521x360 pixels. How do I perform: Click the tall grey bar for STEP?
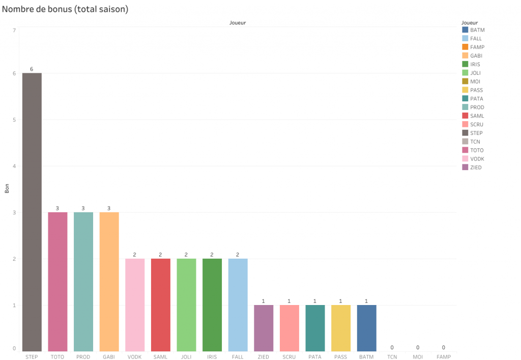[32, 212]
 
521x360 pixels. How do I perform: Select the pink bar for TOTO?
[57, 282]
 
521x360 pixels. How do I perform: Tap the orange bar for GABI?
[109, 282]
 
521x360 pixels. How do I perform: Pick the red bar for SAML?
[161, 304]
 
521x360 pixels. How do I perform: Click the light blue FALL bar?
[238, 304]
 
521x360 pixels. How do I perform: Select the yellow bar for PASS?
[341, 328]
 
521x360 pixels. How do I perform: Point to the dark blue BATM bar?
[367, 328]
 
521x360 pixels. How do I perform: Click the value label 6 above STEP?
[32, 69]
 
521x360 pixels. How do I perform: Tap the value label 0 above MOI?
[418, 347]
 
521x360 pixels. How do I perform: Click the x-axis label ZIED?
[264, 357]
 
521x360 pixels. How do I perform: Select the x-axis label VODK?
[135, 357]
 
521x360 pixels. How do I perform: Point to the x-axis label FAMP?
[444, 357]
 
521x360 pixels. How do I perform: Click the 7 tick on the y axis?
[14, 31]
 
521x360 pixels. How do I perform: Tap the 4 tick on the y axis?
[14, 166]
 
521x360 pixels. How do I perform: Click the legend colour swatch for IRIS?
[465, 64]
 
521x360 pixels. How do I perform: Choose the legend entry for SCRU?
[477, 124]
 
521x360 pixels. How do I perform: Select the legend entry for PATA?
[477, 99]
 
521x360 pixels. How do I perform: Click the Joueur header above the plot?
[238, 23]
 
